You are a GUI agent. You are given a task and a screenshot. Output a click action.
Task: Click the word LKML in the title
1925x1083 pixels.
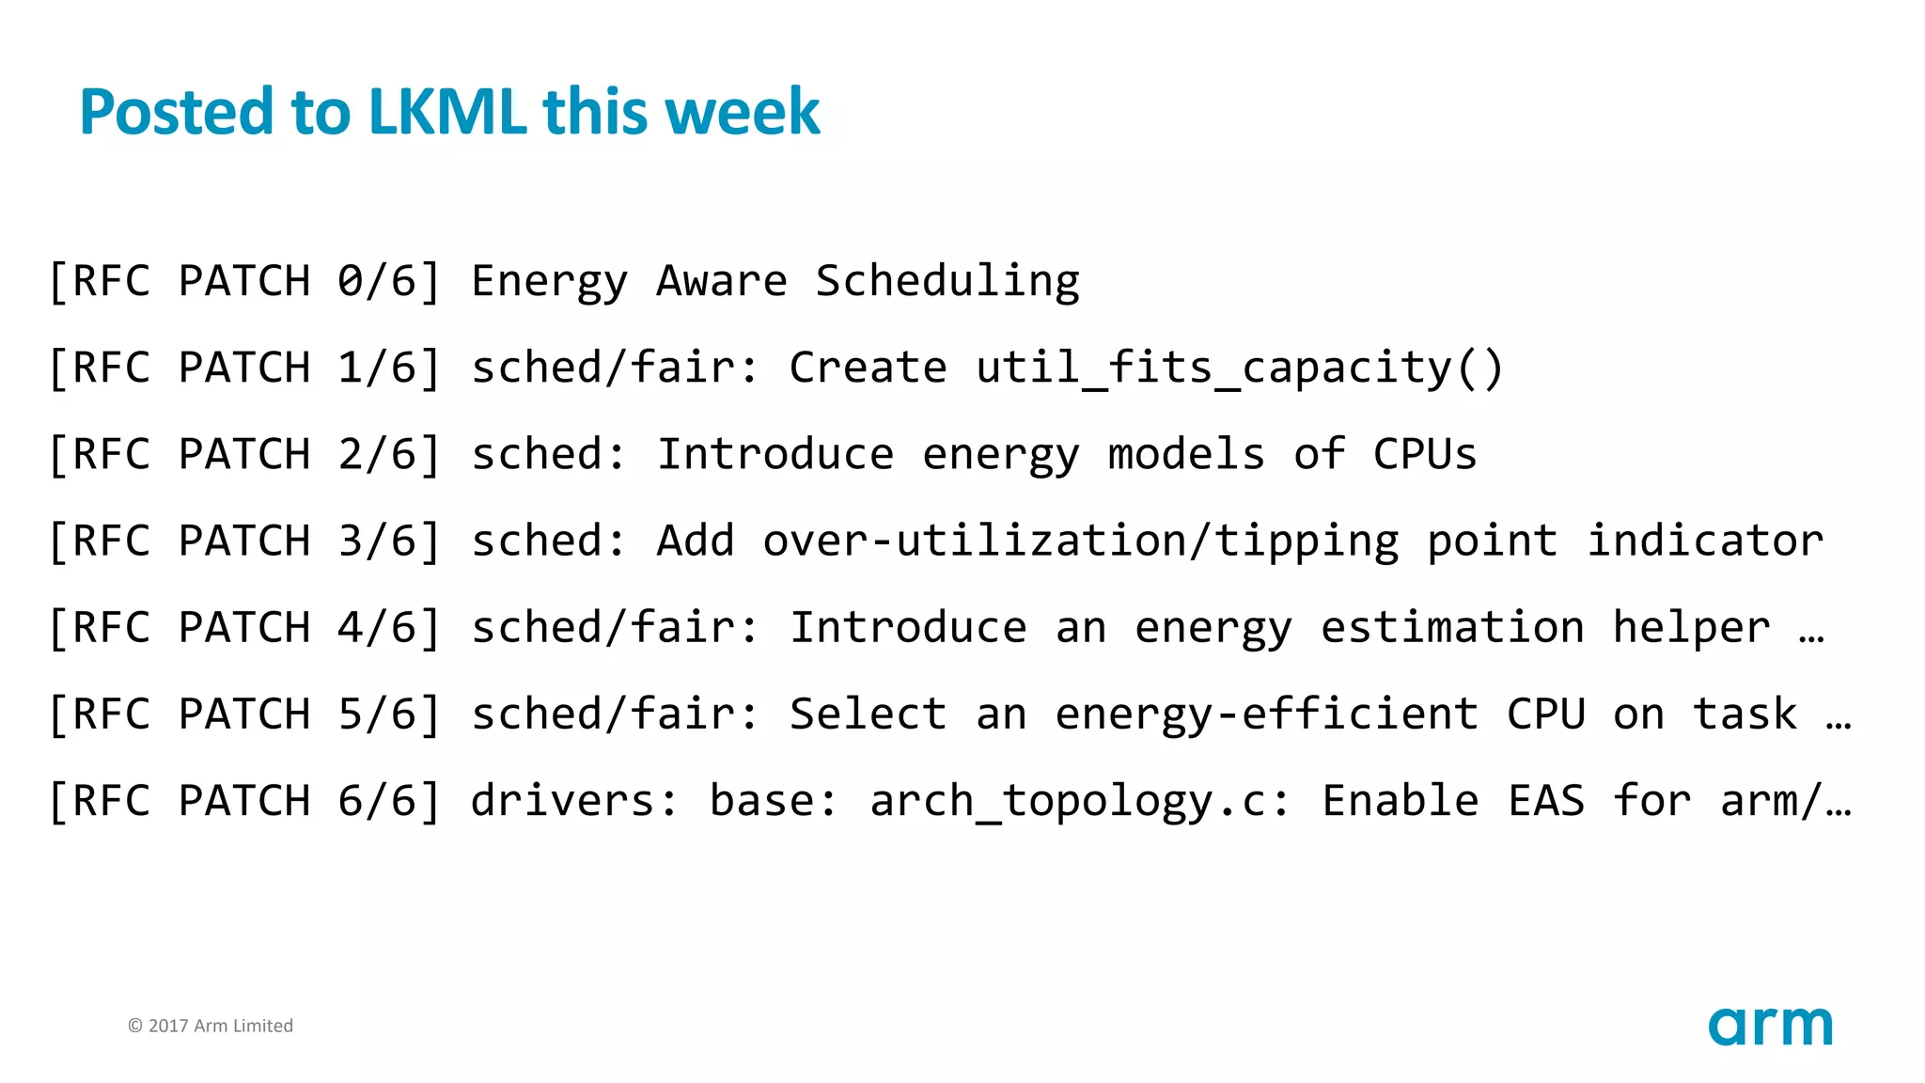(447, 112)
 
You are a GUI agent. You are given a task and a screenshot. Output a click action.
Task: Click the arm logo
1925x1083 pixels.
(1770, 1026)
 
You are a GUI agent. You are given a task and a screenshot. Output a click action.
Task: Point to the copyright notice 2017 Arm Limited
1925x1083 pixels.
(211, 1026)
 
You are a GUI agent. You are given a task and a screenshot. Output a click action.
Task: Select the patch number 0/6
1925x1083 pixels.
(377, 281)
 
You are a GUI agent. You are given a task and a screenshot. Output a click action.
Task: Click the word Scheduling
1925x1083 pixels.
(947, 281)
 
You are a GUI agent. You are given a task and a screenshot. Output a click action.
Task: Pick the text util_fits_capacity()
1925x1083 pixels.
(1240, 368)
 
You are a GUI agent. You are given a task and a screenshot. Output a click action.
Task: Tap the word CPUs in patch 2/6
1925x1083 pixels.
(1425, 454)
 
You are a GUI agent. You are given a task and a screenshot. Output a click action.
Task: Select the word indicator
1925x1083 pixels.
(1705, 541)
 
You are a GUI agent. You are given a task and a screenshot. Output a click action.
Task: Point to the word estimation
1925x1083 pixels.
(1452, 628)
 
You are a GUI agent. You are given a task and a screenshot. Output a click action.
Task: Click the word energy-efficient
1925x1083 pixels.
(1266, 714)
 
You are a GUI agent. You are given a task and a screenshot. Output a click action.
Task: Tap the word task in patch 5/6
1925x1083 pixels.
(1745, 714)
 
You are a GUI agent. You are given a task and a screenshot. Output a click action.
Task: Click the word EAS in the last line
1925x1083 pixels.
(1546, 801)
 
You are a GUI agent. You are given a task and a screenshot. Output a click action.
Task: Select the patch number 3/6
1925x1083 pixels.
(377, 541)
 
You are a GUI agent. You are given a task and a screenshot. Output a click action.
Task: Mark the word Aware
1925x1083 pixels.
(722, 281)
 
